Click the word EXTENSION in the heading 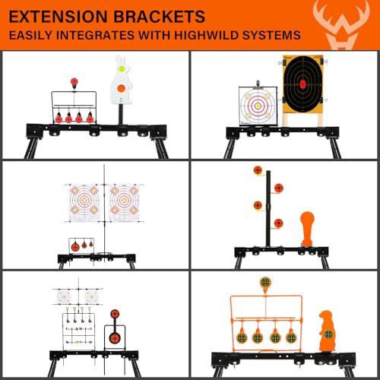click(x=59, y=17)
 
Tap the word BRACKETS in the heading click(x=159, y=17)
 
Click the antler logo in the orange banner click(x=341, y=25)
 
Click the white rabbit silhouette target click(x=121, y=81)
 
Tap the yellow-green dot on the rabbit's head click(x=122, y=68)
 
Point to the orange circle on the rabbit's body click(x=122, y=88)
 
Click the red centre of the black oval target click(x=302, y=84)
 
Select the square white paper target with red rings click(x=258, y=106)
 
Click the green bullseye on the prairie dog click(x=328, y=334)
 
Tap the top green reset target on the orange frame click(x=265, y=282)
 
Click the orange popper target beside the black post click(x=307, y=229)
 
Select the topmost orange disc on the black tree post click(x=258, y=170)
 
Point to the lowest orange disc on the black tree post click(x=279, y=223)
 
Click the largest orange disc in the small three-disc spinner click(x=75, y=247)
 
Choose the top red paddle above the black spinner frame click(x=74, y=82)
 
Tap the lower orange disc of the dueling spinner click(x=114, y=337)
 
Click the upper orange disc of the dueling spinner click(x=115, y=314)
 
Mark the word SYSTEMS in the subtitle click(x=272, y=35)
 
